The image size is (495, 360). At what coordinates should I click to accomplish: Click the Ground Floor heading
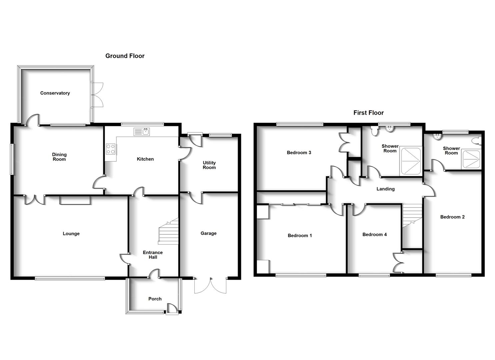(125, 56)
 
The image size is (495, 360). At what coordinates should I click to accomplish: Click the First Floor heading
(368, 113)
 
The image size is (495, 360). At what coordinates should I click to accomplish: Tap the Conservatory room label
(55, 93)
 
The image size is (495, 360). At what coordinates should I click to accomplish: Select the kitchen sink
(142, 132)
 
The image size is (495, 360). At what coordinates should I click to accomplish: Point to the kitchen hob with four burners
(111, 149)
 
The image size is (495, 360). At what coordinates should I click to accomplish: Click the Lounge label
(71, 234)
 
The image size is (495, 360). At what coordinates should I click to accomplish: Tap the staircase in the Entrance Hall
(169, 231)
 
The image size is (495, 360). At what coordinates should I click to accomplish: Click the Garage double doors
(210, 285)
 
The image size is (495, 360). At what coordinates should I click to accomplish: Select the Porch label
(155, 299)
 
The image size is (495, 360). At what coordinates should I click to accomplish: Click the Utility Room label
(209, 165)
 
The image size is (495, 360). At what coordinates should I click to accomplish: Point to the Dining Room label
(59, 157)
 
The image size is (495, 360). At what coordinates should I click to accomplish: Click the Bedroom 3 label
(299, 153)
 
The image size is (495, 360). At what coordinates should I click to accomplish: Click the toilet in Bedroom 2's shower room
(478, 141)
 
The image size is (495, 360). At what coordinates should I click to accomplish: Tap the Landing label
(385, 189)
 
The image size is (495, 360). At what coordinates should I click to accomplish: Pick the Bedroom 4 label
(375, 235)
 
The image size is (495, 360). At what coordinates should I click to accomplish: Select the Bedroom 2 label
(452, 217)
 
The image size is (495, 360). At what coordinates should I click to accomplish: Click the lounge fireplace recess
(75, 200)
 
